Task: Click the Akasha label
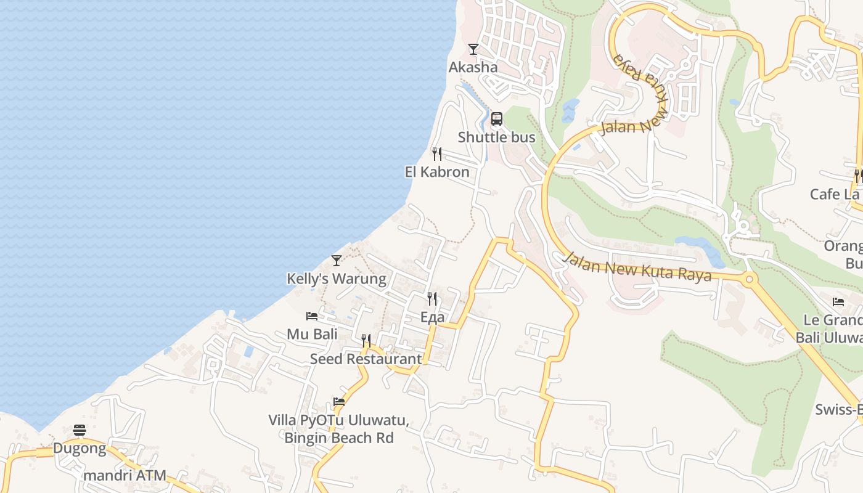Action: point(473,67)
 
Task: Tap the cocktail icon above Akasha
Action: point(473,49)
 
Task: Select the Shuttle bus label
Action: point(496,137)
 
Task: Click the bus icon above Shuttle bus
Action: point(497,119)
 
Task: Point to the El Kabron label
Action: point(437,172)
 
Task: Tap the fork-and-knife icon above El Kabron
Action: point(436,154)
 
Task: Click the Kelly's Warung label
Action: point(336,279)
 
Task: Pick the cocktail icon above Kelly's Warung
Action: point(336,261)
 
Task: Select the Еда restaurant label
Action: point(432,317)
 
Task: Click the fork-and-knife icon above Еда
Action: point(432,299)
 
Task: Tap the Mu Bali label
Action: point(312,334)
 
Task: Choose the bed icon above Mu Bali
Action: point(312,316)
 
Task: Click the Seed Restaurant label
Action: point(366,359)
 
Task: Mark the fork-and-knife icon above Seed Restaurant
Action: point(366,341)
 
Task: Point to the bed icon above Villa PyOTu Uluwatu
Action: point(339,402)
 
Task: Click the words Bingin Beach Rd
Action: point(338,438)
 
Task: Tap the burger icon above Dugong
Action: point(80,430)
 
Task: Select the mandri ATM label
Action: point(125,475)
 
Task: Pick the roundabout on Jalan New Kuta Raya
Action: point(750,279)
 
